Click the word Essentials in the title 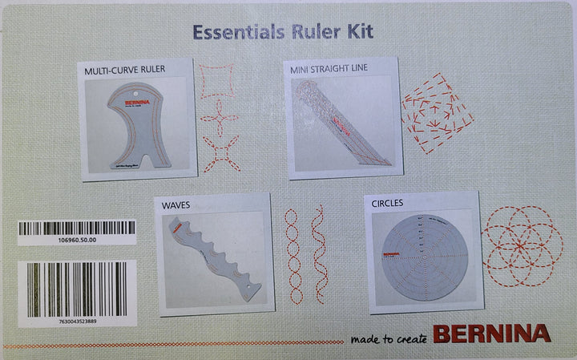(232, 34)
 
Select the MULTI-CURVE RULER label (125, 70)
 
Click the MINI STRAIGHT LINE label (329, 69)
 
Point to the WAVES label (176, 205)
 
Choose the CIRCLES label (387, 204)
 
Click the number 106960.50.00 (77, 239)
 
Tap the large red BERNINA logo (492, 334)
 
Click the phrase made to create (389, 338)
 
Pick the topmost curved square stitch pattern (216, 82)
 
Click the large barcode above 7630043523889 (77, 289)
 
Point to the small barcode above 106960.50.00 (77, 228)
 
